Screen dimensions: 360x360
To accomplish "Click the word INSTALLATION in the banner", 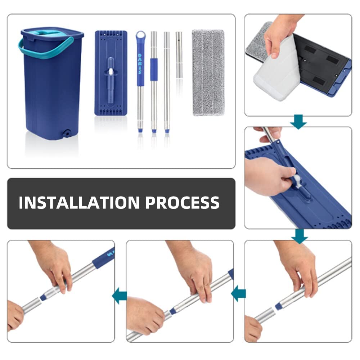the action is (79, 202).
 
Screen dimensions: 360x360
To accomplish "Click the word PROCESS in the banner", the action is (183, 202).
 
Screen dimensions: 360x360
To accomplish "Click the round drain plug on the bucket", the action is (67, 133).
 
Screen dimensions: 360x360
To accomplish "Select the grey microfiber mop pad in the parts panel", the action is (208, 72).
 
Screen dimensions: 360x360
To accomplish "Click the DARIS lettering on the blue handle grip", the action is (140, 64).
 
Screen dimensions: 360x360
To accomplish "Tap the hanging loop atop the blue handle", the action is (141, 36).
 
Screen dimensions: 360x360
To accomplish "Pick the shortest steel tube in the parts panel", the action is (179, 55).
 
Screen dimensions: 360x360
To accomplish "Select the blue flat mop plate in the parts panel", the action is (111, 73).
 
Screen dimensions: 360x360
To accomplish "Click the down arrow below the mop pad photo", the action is (298, 121).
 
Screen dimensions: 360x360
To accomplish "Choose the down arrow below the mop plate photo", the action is (300, 236).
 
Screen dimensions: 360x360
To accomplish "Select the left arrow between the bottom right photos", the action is (238, 294).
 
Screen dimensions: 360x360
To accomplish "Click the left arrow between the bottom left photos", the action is (120, 296).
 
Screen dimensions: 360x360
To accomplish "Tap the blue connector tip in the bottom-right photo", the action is (278, 306).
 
